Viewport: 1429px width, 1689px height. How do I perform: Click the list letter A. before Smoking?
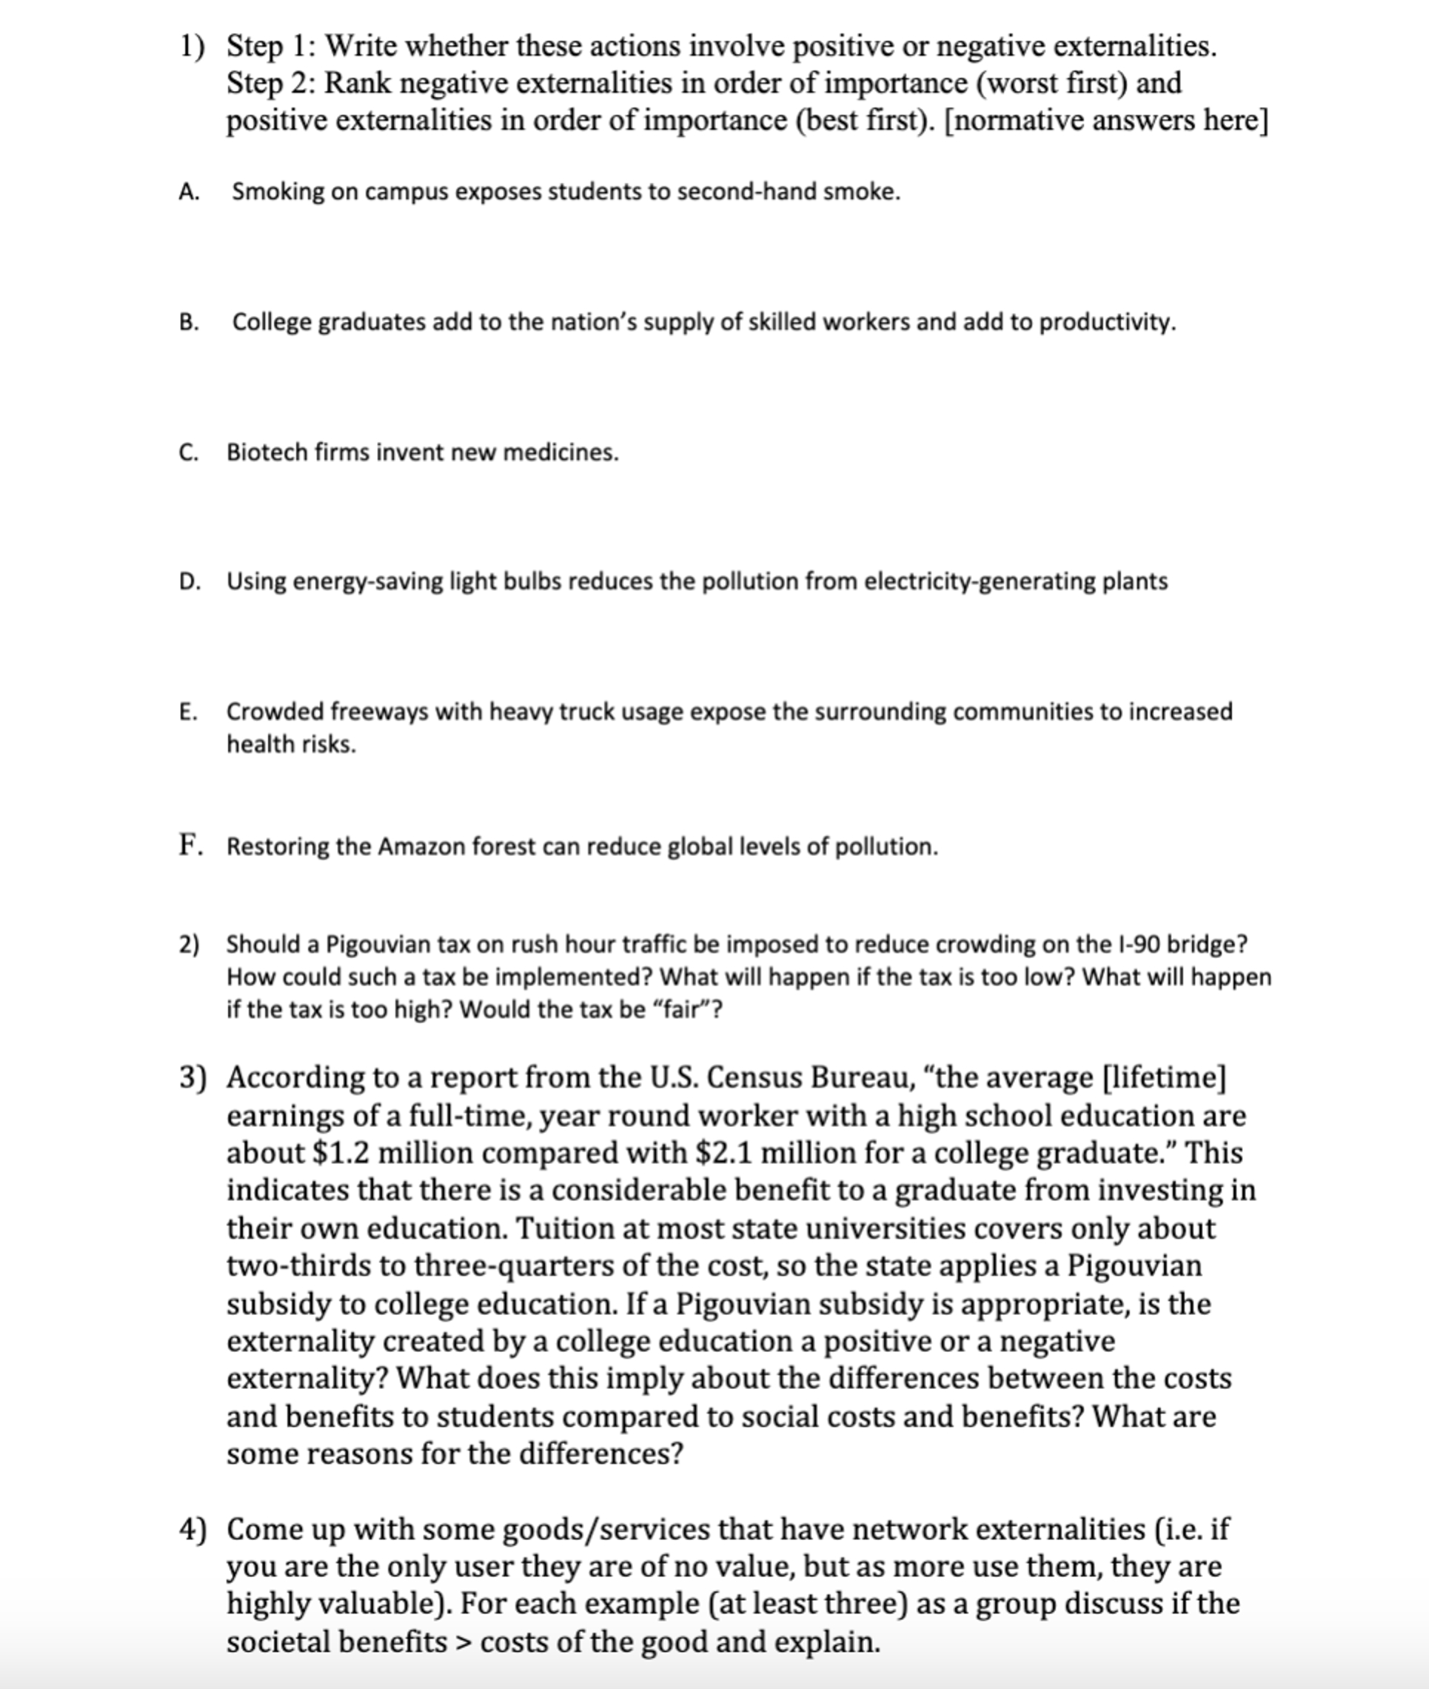click(x=189, y=192)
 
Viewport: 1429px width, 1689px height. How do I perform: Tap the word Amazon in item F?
click(x=421, y=846)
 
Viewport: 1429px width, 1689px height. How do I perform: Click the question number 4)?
click(x=193, y=1529)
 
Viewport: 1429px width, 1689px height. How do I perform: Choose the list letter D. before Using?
click(x=190, y=581)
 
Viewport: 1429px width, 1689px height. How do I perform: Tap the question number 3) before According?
click(x=193, y=1078)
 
